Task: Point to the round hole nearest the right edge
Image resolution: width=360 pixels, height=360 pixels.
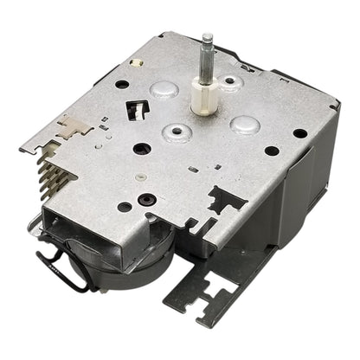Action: click(x=299, y=134)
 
